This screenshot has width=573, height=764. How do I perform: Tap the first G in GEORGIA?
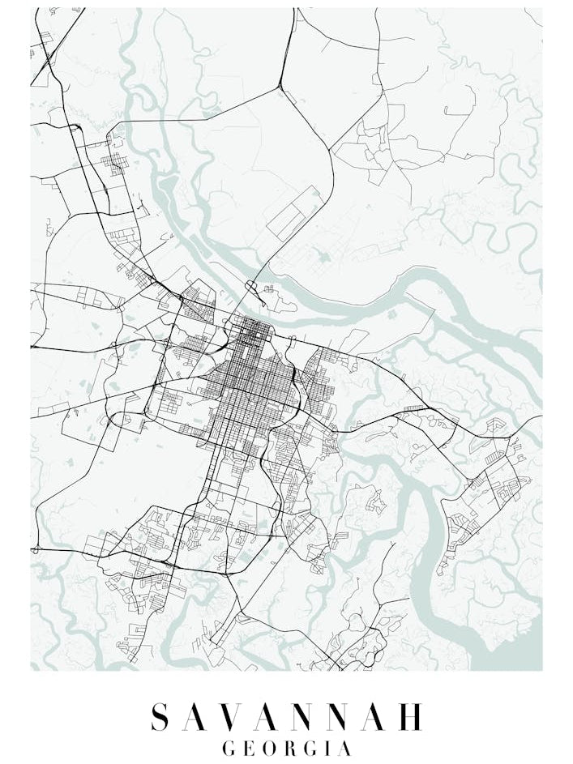(229, 749)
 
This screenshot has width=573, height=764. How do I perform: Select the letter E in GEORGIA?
(249, 749)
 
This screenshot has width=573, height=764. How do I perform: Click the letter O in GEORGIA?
(270, 749)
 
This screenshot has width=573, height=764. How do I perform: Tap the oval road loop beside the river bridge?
(251, 286)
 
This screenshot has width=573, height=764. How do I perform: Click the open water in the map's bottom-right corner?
(519, 652)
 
